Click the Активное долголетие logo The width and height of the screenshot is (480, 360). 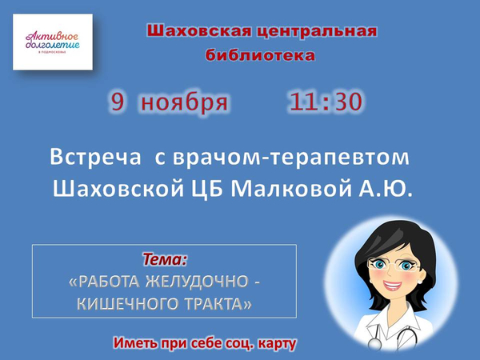(x=53, y=42)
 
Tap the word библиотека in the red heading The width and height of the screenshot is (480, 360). (x=260, y=55)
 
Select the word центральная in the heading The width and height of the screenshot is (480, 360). (x=317, y=31)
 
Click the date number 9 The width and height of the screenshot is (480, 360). (x=118, y=102)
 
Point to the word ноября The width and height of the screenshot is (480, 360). (x=184, y=102)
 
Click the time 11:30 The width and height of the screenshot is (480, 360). (x=326, y=102)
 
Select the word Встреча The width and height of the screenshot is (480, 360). (x=95, y=157)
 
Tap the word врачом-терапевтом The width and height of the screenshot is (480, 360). (x=291, y=158)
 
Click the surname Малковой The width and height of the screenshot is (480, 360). (x=291, y=189)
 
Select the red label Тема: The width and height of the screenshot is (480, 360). (x=165, y=259)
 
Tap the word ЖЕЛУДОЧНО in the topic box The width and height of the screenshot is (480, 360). (x=197, y=282)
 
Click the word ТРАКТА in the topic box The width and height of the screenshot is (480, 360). (x=218, y=304)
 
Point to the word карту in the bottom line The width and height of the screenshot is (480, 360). (x=278, y=343)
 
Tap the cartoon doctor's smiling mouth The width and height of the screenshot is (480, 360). (x=393, y=286)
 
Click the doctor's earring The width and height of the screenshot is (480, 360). (x=419, y=281)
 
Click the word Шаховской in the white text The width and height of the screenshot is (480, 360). (x=118, y=189)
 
